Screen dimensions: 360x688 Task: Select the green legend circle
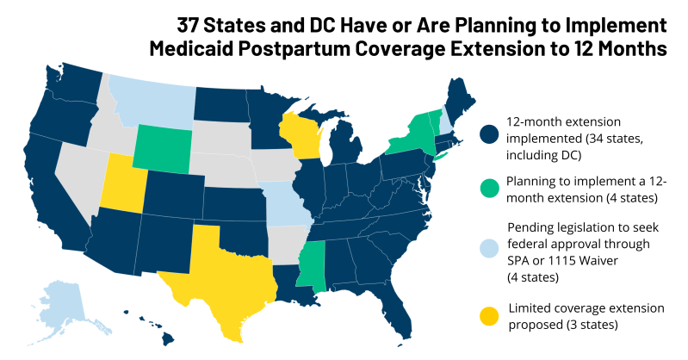[490, 189]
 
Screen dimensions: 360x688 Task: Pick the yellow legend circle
[490, 315]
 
